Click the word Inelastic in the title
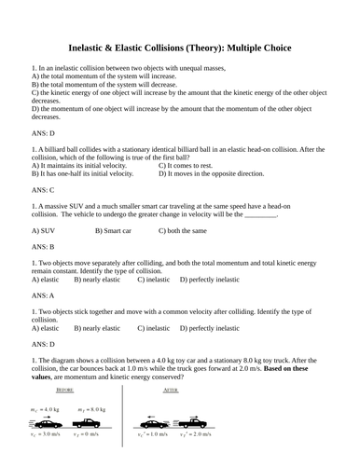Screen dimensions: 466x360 93,48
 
